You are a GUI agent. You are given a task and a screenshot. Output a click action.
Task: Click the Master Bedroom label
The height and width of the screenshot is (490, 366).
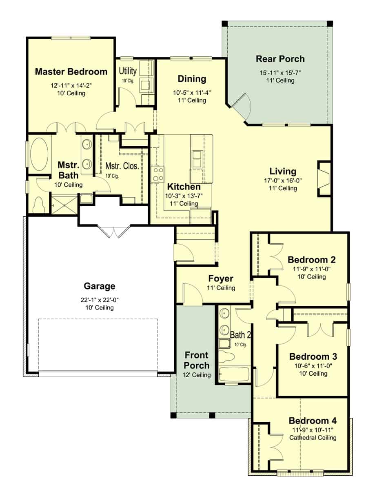pos(71,72)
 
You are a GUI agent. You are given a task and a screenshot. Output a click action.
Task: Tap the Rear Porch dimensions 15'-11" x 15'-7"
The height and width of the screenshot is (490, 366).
pos(280,73)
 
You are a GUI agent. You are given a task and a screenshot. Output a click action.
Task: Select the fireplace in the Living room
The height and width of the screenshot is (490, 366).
pos(324,178)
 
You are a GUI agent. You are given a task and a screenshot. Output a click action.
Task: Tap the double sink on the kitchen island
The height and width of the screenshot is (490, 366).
pos(197,159)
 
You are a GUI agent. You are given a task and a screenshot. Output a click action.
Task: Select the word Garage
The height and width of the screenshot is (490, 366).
pos(100,286)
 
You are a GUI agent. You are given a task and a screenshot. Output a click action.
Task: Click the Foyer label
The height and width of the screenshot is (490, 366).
pos(221,279)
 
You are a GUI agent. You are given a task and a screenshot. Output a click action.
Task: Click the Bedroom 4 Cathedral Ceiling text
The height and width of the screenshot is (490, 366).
pos(313,438)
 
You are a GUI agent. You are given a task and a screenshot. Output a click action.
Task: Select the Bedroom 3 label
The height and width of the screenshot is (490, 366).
pos(313,356)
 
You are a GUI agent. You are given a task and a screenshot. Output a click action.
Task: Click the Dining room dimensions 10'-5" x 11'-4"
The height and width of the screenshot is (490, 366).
pos(192,92)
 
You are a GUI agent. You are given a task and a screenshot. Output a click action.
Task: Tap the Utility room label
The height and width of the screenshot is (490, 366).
pos(127,70)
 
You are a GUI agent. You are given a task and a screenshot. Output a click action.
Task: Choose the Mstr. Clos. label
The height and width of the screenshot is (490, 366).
pos(122,166)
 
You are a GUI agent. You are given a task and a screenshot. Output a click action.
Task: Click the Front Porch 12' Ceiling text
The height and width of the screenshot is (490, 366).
pos(197,375)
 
